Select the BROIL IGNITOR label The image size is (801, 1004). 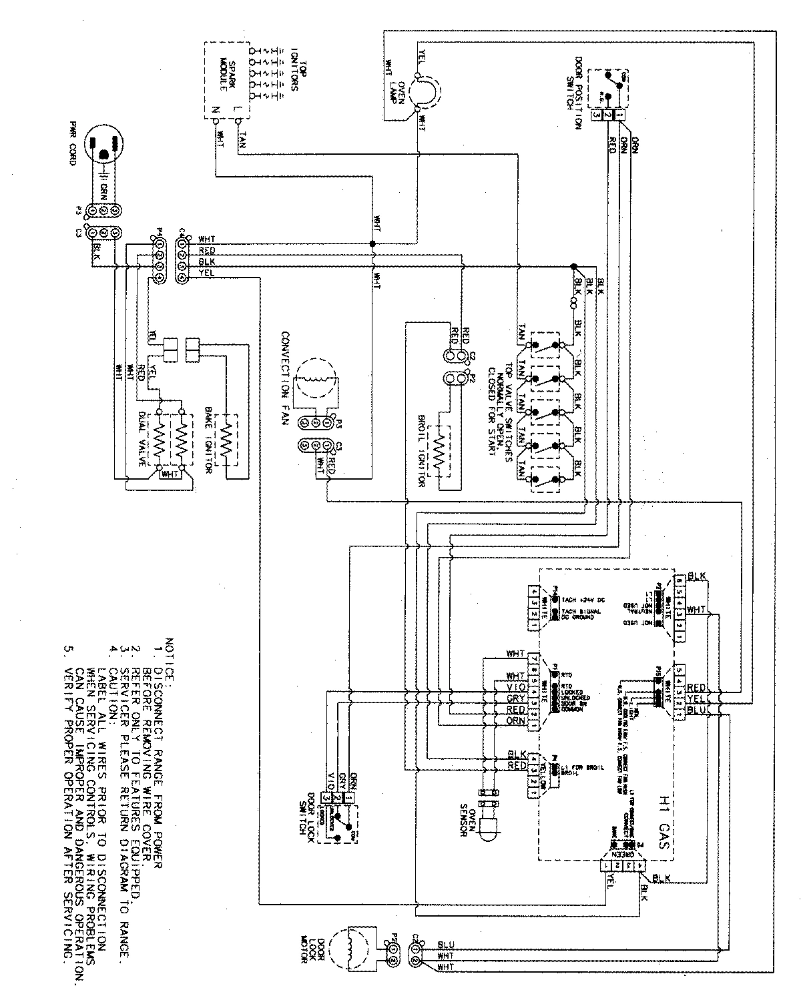(x=421, y=440)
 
